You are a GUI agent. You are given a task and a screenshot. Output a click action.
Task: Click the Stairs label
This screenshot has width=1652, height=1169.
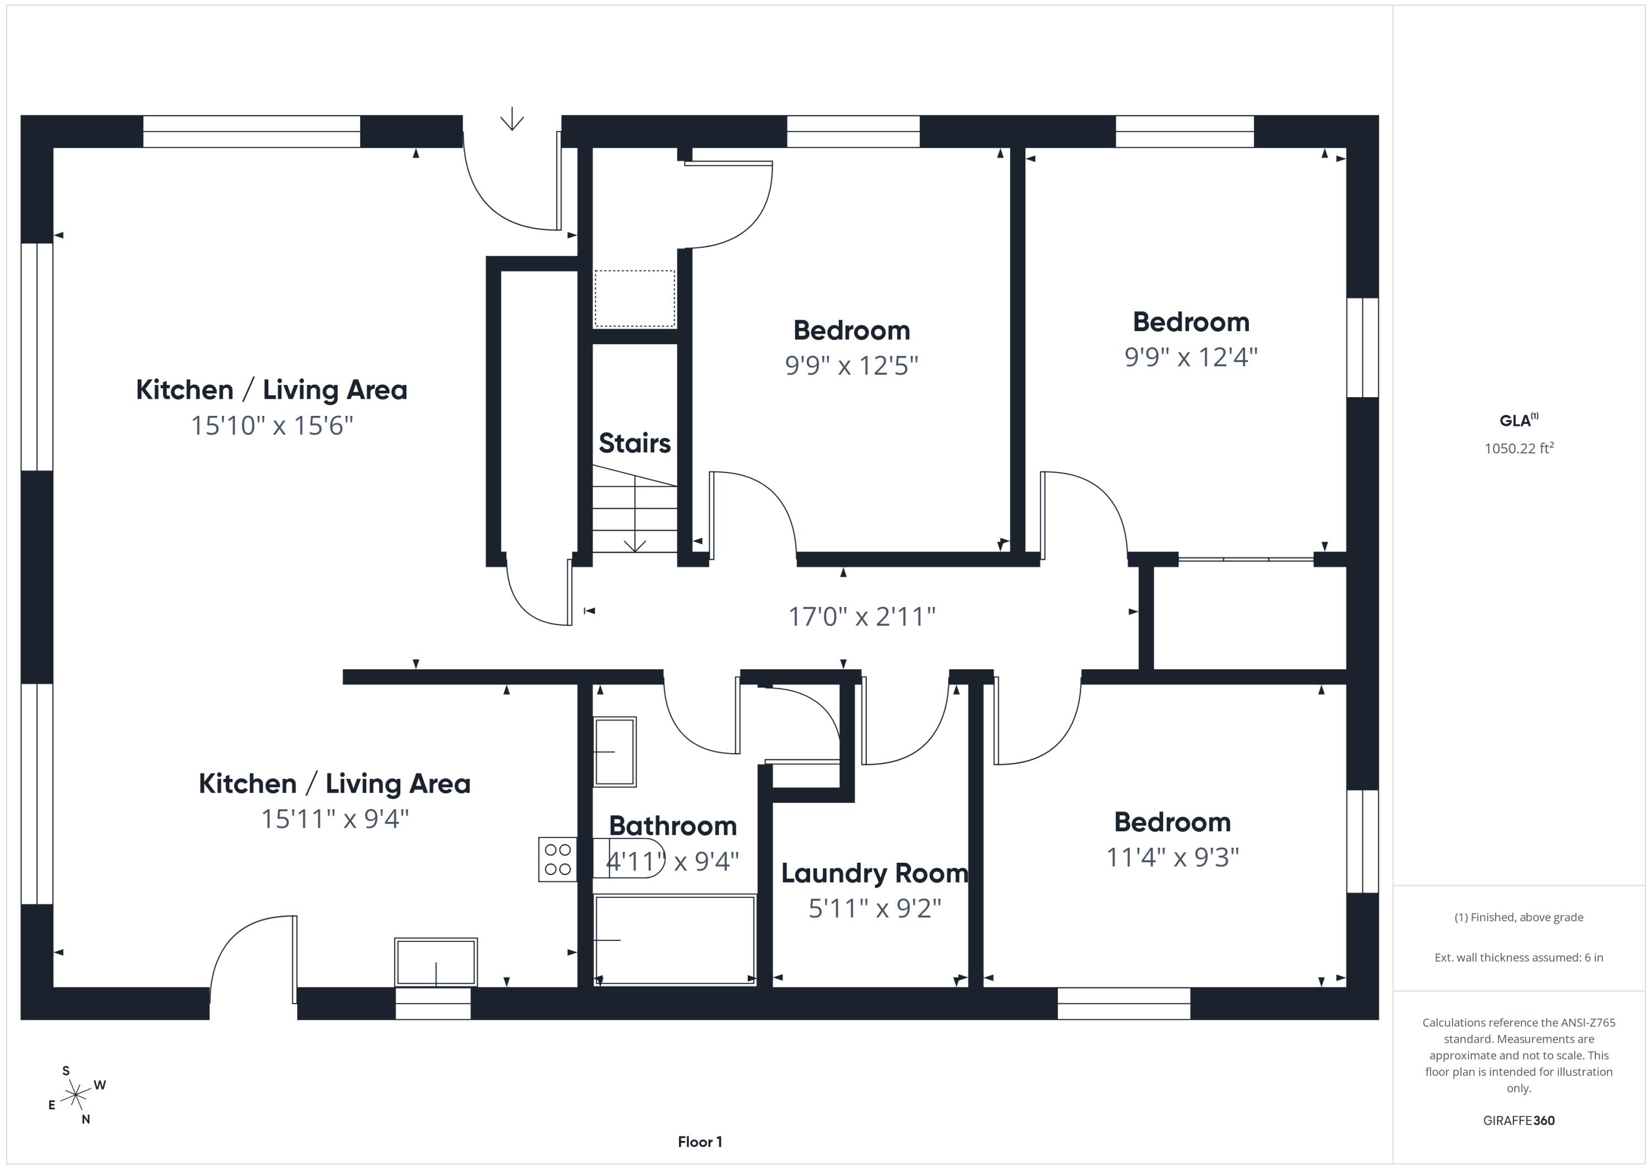(x=634, y=443)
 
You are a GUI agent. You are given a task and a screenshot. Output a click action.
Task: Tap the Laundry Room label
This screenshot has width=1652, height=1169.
(x=875, y=873)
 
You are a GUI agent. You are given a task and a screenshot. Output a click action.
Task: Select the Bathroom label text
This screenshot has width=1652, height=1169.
(x=673, y=826)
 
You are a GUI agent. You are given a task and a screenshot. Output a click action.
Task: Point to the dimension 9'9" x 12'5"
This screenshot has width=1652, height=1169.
(x=852, y=366)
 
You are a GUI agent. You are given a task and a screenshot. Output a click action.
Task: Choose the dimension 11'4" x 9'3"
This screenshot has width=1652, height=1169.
(x=1173, y=857)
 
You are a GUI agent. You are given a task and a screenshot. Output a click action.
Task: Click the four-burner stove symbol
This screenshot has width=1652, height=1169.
(x=558, y=859)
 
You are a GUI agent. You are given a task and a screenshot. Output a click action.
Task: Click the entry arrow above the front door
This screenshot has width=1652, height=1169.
(x=512, y=119)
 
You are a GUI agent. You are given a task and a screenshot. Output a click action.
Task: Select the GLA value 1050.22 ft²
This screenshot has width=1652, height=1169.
(x=1519, y=448)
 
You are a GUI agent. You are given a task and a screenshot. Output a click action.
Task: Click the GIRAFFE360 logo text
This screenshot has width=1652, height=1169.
(x=1519, y=1121)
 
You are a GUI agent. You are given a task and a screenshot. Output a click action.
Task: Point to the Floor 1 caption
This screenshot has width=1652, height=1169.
(x=700, y=1141)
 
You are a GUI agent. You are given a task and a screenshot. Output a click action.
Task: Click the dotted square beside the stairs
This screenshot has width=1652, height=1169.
(x=634, y=299)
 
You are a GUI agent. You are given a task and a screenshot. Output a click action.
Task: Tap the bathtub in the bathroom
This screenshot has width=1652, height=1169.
(x=675, y=939)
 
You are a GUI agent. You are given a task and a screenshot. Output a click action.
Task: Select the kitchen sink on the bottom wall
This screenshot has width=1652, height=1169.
(x=436, y=962)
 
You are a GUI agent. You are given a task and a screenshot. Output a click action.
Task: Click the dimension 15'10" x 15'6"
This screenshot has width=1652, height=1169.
(x=272, y=425)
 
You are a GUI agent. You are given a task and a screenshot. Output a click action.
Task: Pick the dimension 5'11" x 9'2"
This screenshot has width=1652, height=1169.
(x=875, y=908)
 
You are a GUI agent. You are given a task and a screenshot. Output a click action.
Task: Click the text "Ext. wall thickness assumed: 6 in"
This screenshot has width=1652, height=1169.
(x=1519, y=957)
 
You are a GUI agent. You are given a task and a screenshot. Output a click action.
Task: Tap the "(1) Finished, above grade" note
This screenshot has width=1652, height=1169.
(x=1519, y=917)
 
